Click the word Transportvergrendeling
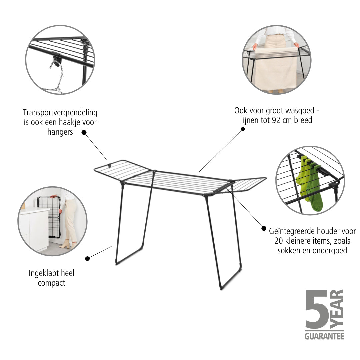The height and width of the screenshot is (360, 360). point(60,113)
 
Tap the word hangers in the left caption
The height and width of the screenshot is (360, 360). point(60,132)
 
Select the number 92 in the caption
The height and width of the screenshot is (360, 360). point(276,120)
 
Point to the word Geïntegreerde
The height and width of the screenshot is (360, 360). point(291,231)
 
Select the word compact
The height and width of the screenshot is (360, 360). point(51,283)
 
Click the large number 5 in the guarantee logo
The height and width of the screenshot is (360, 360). point(317,309)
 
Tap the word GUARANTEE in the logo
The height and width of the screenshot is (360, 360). point(324,336)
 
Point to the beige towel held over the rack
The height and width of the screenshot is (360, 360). point(276,69)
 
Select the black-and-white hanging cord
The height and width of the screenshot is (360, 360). point(56,77)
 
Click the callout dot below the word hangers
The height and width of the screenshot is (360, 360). point(84,132)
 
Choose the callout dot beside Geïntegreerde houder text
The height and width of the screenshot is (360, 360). point(264,228)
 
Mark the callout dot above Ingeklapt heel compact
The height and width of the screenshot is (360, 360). point(87,259)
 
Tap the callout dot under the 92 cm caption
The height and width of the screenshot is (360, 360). point(243,129)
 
